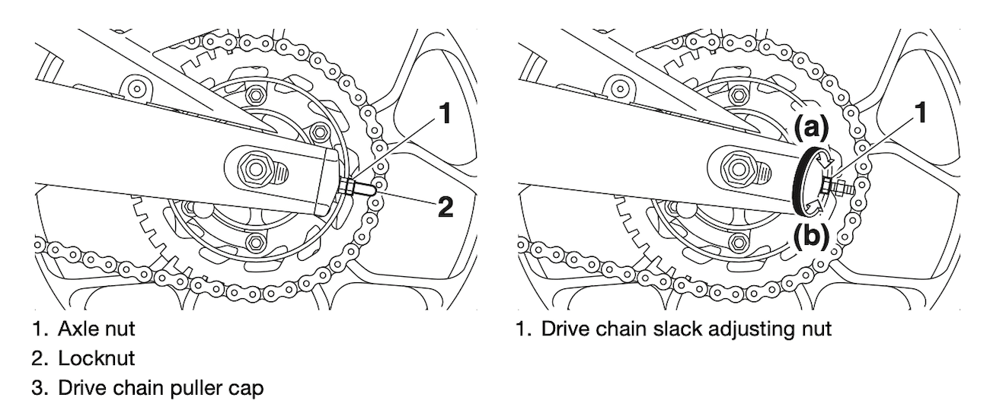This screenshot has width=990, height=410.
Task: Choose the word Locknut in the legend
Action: click(90, 356)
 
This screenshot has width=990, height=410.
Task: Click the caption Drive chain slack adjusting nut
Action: click(682, 331)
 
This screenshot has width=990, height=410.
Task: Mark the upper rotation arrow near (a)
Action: click(822, 155)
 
